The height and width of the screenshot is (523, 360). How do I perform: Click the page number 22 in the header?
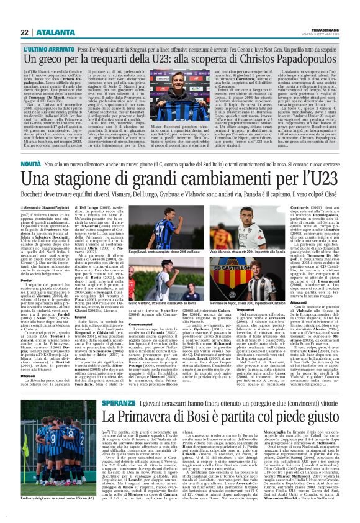pos(23,33)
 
